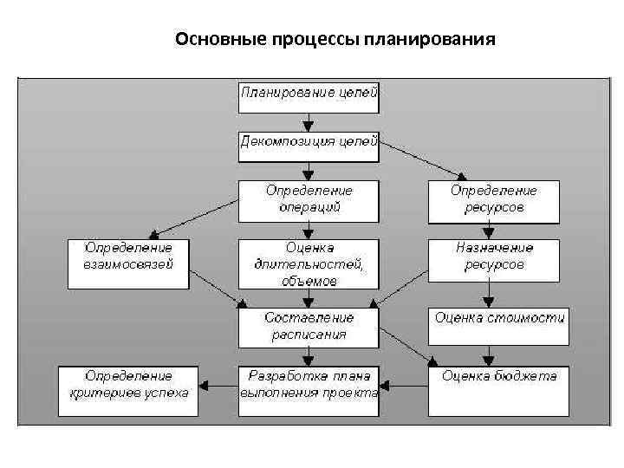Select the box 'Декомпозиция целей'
(x=309, y=145)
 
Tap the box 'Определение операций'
(x=309, y=200)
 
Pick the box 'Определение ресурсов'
(x=493, y=200)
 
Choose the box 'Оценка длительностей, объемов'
(x=309, y=263)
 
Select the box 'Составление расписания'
(x=309, y=326)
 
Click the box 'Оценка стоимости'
(x=499, y=319)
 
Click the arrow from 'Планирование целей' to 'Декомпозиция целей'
(x=309, y=121)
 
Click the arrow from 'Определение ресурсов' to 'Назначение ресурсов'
(x=489, y=230)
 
